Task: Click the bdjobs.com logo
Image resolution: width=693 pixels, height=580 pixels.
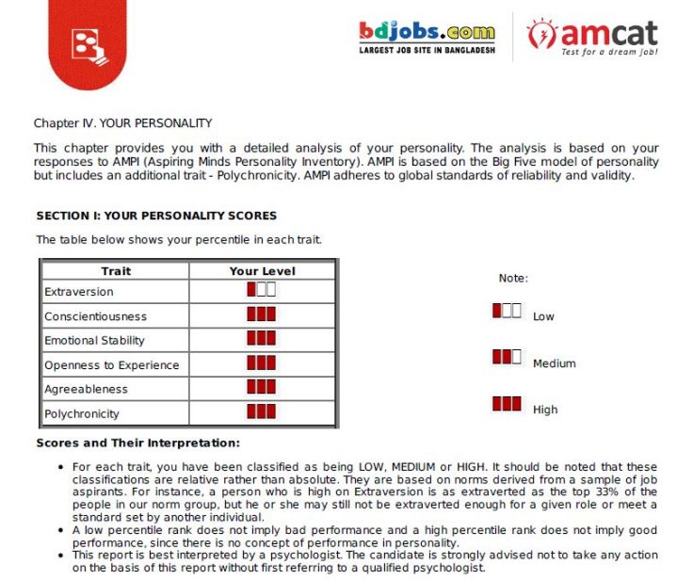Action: pyautogui.click(x=427, y=37)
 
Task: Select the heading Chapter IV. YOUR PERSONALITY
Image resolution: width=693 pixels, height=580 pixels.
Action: pyautogui.click(x=122, y=123)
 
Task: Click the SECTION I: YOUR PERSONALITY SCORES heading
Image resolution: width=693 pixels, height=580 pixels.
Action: pyautogui.click(x=156, y=216)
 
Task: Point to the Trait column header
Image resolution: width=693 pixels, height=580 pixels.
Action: pyautogui.click(x=116, y=271)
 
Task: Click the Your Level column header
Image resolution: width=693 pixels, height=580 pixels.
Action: pyautogui.click(x=262, y=271)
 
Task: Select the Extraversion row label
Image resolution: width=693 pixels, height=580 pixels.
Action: pyautogui.click(x=79, y=292)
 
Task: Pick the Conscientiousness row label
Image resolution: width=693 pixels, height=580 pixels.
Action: pyautogui.click(x=95, y=316)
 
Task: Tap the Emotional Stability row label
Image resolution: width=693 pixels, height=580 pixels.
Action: pyautogui.click(x=94, y=341)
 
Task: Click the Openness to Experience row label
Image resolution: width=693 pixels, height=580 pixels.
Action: pyautogui.click(x=111, y=365)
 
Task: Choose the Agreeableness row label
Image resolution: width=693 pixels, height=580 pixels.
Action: pyautogui.click(x=86, y=389)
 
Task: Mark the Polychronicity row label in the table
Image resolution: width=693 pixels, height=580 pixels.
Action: pyautogui.click(x=82, y=413)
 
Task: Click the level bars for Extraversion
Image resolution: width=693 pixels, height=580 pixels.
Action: pyautogui.click(x=261, y=290)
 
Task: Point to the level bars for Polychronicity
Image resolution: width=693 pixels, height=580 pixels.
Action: pyautogui.click(x=261, y=411)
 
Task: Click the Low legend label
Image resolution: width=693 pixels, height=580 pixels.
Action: pyautogui.click(x=543, y=316)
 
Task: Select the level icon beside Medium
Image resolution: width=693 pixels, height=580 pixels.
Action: pyautogui.click(x=507, y=357)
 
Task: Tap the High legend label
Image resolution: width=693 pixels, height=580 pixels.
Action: pyautogui.click(x=545, y=410)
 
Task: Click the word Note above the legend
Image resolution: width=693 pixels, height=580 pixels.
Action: pyautogui.click(x=513, y=279)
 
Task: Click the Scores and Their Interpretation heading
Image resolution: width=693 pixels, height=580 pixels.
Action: pyautogui.click(x=137, y=443)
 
